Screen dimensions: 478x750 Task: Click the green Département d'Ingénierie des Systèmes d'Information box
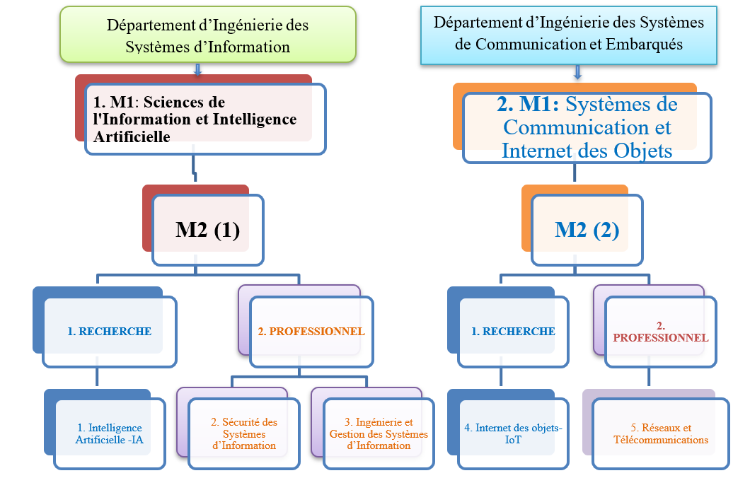click(x=207, y=35)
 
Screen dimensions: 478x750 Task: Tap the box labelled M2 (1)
click(x=207, y=231)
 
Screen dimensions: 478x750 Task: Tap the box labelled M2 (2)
click(x=587, y=231)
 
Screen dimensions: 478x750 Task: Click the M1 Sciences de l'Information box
click(x=205, y=119)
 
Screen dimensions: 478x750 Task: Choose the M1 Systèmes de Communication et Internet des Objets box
click(x=587, y=127)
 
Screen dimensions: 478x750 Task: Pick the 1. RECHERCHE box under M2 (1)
click(x=109, y=331)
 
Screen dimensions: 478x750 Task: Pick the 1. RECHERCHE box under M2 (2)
click(x=514, y=331)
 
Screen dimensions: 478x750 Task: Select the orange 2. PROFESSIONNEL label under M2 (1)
click(x=311, y=331)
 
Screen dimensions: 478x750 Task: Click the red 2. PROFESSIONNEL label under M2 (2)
click(x=660, y=332)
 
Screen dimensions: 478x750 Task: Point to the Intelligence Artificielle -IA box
click(x=109, y=433)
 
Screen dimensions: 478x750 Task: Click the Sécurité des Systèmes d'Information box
click(x=244, y=433)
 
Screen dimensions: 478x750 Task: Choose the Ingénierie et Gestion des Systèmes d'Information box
click(x=379, y=433)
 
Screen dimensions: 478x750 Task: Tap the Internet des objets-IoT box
click(x=513, y=433)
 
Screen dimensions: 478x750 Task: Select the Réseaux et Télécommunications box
click(x=661, y=433)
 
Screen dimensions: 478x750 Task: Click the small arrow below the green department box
click(x=197, y=69)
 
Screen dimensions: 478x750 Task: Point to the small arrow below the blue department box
click(x=578, y=72)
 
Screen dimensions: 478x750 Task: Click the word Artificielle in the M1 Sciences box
click(x=132, y=137)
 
